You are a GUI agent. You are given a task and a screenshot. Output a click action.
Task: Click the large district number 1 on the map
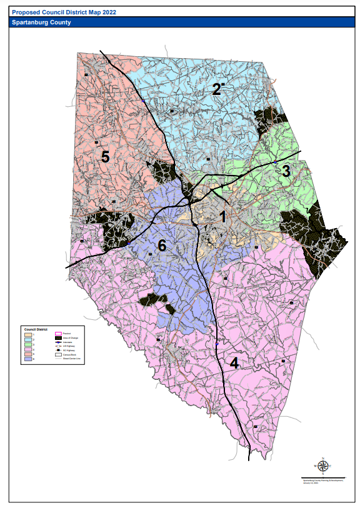coord(222,217)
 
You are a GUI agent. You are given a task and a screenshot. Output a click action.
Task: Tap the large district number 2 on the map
coord(216,89)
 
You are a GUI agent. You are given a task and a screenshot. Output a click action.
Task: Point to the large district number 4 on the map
coord(234,363)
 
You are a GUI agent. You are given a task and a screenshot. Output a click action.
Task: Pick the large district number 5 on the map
coord(106,157)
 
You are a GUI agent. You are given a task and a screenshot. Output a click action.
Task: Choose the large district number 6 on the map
coord(162,246)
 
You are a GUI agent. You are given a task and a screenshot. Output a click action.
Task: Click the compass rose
coord(323,466)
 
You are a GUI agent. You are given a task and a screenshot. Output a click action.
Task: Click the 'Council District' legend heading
coord(36,329)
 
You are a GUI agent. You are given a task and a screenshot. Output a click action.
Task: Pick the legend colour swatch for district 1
coord(28,334)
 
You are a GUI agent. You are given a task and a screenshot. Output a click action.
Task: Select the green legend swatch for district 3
coord(28,344)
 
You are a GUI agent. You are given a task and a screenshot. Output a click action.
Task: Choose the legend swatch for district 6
coord(28,359)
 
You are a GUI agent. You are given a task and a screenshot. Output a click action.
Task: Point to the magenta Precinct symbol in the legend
coord(58,334)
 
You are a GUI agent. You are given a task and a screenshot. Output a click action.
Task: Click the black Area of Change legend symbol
coord(58,338)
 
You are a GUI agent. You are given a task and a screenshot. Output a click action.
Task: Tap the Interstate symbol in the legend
coord(58,343)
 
